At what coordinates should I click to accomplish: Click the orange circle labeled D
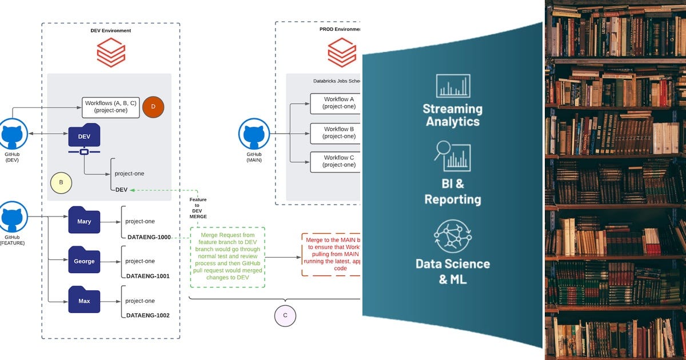click(153, 107)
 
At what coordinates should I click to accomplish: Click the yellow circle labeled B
click(61, 183)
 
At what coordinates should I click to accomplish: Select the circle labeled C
click(285, 315)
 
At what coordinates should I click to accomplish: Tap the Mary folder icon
click(84, 221)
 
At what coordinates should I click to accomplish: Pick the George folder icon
click(84, 261)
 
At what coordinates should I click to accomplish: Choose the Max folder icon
click(84, 301)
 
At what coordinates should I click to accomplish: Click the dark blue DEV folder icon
click(84, 138)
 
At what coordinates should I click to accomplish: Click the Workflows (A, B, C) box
click(111, 107)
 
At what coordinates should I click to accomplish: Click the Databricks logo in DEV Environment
click(111, 53)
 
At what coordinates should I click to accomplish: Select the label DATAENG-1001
click(147, 276)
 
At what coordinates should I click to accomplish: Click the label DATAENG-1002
click(147, 315)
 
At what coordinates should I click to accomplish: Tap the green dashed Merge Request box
click(228, 257)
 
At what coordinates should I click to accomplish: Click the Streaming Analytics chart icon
click(453, 86)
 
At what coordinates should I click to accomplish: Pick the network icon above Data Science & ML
click(452, 237)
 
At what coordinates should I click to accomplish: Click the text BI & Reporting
click(452, 191)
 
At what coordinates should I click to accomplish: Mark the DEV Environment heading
click(111, 31)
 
